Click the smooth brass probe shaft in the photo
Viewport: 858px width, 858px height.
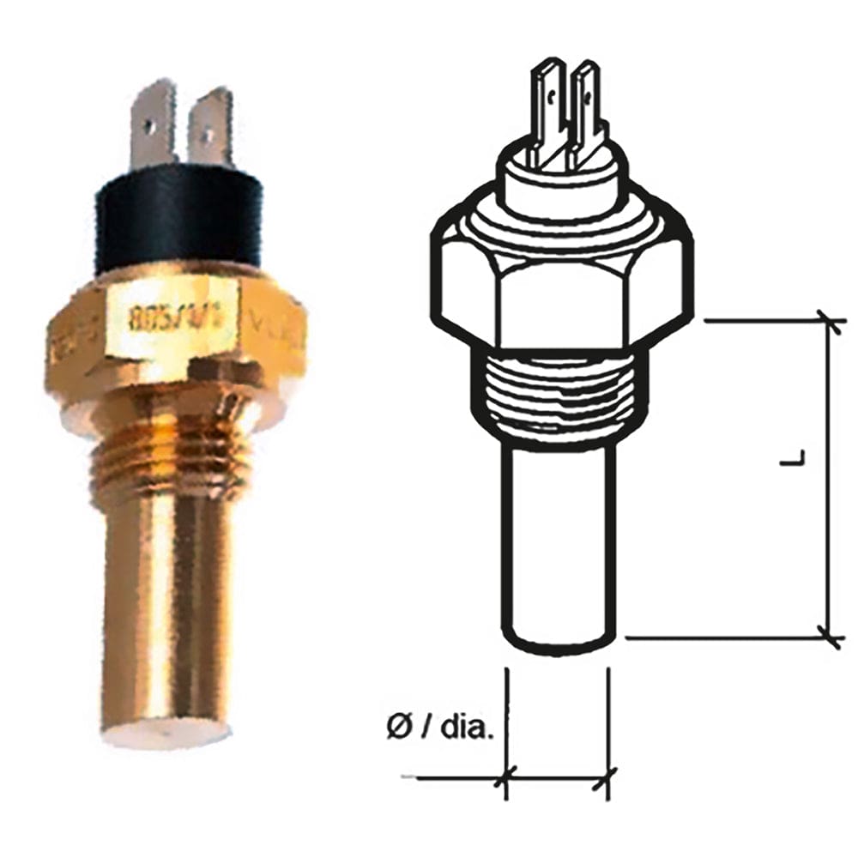coord(167,601)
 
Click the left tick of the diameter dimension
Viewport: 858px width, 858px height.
coord(506,780)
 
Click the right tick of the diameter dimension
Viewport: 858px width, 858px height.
coord(608,780)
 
